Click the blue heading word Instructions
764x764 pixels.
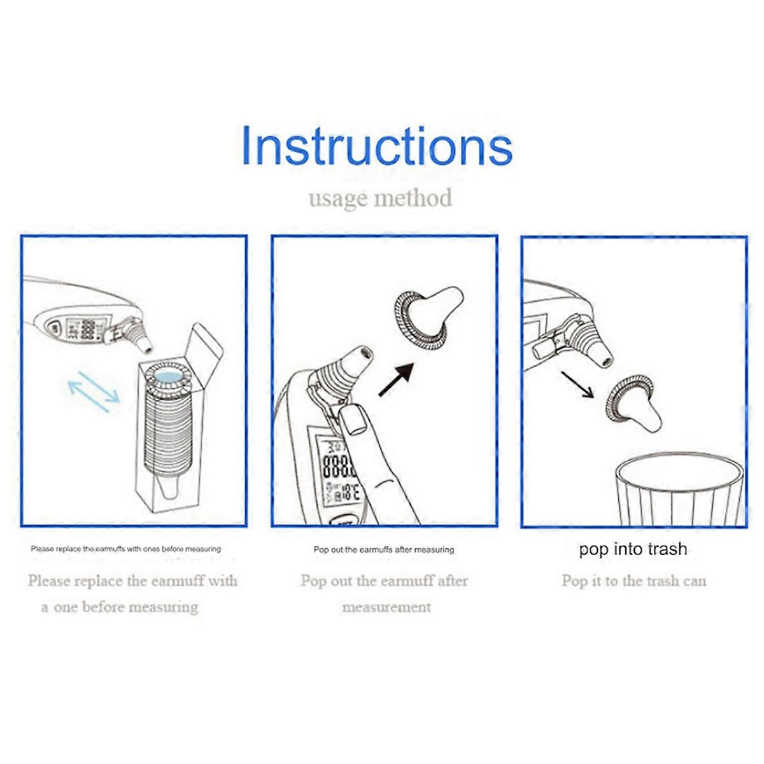coord(377,146)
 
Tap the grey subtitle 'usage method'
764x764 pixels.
coord(380,198)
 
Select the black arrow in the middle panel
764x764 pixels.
coord(397,379)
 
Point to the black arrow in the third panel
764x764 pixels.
coord(577,385)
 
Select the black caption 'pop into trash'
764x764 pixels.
coord(633,549)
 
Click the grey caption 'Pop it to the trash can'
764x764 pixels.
coord(634,581)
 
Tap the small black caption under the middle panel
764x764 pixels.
coord(384,549)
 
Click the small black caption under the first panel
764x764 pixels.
coord(126,549)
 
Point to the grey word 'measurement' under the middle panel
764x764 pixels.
coord(386,607)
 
